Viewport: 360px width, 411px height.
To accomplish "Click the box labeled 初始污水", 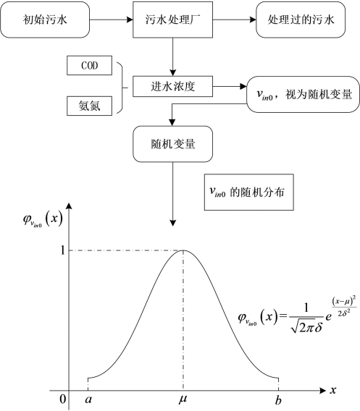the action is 45,20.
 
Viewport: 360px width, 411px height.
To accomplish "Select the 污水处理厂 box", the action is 172,20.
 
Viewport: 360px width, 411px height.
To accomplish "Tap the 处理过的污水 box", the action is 301,20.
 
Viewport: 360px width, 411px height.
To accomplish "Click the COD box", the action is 90,65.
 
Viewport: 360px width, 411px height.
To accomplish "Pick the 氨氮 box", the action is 90,106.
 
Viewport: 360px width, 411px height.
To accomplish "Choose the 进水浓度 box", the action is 172,87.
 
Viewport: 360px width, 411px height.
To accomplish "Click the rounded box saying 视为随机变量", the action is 303,94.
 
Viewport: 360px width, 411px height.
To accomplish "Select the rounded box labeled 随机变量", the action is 172,144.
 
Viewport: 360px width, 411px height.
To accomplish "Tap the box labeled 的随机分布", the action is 249,192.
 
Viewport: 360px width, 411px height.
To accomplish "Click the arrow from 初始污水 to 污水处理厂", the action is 112,20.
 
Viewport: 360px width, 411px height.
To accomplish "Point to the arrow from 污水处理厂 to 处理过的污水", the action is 234,20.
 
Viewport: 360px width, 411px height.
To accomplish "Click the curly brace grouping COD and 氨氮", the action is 122,88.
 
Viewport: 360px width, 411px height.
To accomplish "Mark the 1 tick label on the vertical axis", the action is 62,250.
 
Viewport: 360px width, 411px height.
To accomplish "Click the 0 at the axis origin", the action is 63,399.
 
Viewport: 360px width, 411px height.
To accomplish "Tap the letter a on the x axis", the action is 88,399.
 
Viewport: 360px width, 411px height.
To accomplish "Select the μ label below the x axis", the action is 183,399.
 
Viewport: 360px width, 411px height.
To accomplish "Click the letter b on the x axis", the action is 278,399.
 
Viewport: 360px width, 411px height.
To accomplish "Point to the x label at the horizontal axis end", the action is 333,390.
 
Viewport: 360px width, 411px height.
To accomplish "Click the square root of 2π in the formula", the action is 303,326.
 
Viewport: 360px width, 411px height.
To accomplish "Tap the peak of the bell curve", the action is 183,250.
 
